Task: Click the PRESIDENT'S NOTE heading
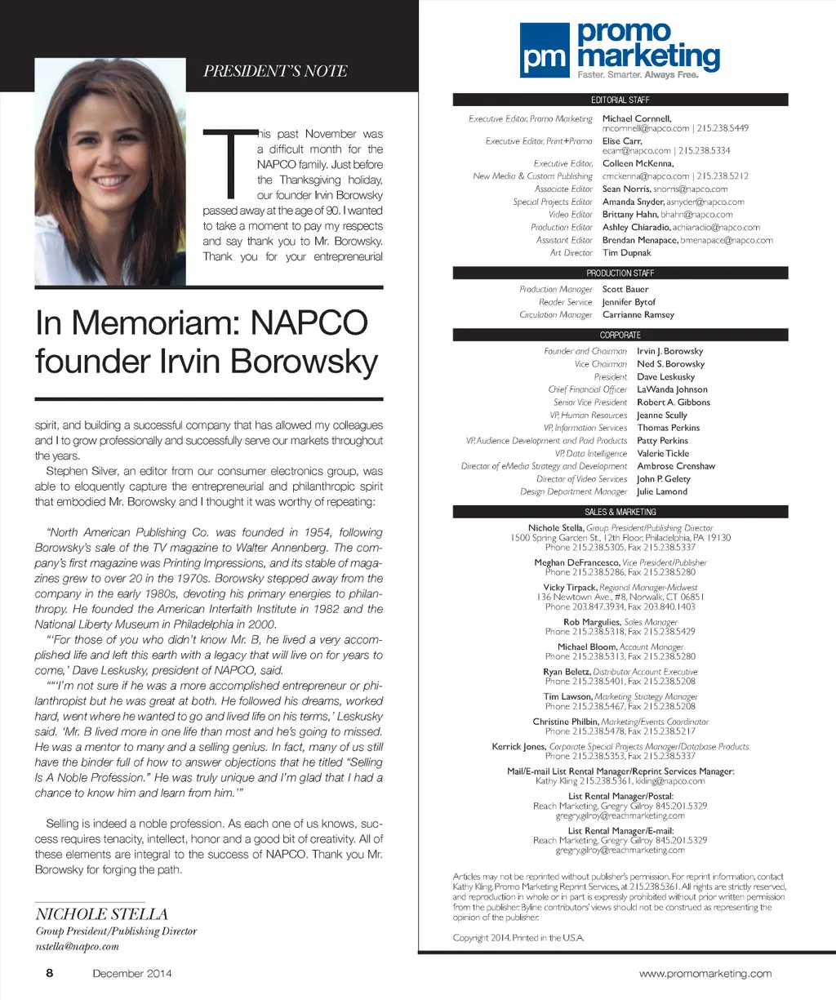[x=275, y=71]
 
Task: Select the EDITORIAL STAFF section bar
[x=620, y=100]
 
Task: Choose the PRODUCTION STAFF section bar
[x=620, y=273]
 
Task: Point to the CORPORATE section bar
[x=620, y=336]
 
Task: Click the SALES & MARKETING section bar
[x=620, y=512]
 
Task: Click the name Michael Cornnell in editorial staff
[x=636, y=119]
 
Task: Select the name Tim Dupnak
[x=627, y=253]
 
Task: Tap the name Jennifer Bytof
[x=629, y=302]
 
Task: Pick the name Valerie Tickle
[x=663, y=453]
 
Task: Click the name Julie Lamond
[x=662, y=491]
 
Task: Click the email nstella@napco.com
[x=78, y=947]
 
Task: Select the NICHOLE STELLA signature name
[x=102, y=914]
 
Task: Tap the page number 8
[x=50, y=973]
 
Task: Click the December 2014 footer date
[x=132, y=973]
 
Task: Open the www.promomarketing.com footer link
[x=705, y=973]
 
